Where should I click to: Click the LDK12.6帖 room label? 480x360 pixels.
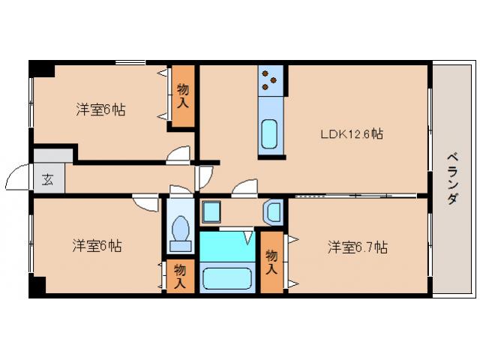pyautogui.click(x=352, y=134)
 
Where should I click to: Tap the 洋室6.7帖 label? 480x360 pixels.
pyautogui.click(x=356, y=246)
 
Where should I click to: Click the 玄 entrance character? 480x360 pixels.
pyautogui.click(x=47, y=179)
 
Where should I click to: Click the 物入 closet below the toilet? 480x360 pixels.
pyautogui.click(x=180, y=275)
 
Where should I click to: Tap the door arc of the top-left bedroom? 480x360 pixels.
pyautogui.click(x=178, y=154)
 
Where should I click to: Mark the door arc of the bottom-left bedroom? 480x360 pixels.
pyautogui.click(x=145, y=202)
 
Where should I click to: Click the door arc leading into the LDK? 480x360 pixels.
pyautogui.click(x=243, y=189)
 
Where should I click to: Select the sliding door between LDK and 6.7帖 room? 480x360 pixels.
pyautogui.click(x=352, y=195)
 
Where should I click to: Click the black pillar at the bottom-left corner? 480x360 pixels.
pyautogui.click(x=37, y=286)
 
